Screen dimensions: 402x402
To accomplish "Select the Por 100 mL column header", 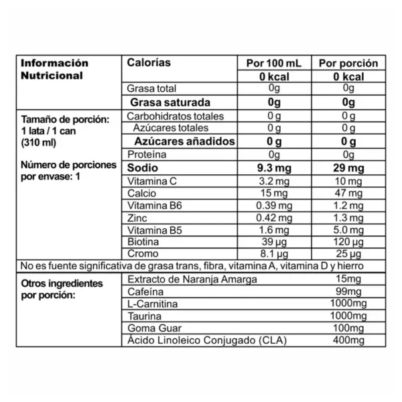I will (275, 63).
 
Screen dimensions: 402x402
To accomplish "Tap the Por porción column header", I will (348, 63).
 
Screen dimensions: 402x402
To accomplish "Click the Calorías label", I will (149, 62).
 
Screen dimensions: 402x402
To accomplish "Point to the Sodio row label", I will (142, 167).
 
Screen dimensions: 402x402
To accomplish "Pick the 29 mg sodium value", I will (347, 167).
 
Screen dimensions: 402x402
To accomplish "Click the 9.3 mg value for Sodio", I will (275, 167).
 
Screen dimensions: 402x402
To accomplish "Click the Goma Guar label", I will (152, 328).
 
